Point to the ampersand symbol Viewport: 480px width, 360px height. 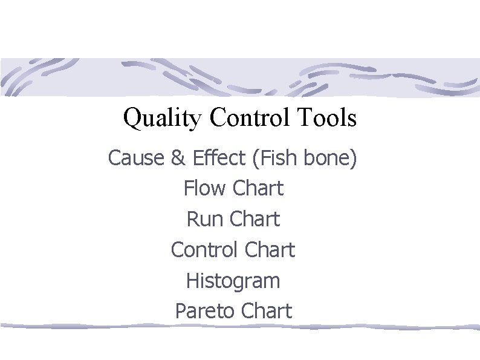point(178,159)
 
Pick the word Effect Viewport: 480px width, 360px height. point(218,159)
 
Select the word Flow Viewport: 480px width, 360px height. point(205,189)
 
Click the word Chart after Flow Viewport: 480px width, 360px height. point(258,189)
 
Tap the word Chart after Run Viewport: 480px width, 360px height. point(256,219)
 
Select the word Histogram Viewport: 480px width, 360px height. point(233,281)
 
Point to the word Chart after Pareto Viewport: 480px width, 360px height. point(266,312)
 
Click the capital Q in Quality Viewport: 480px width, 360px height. point(131,119)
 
